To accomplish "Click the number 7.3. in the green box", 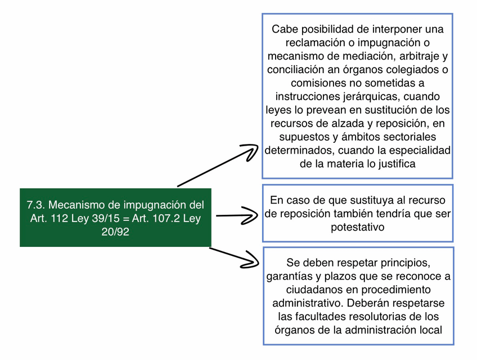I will point(37,205).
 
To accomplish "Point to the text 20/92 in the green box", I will point(115,232).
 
